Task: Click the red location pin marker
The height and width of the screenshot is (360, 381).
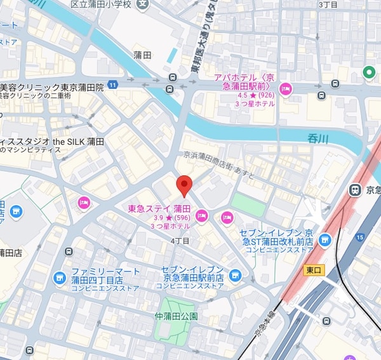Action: coord(184,185)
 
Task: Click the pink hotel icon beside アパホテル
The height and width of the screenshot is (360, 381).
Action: coord(286,89)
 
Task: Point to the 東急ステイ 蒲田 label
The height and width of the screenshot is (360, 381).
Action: coord(159,208)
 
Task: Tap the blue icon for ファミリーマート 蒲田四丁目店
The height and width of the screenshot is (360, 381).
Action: coord(60,277)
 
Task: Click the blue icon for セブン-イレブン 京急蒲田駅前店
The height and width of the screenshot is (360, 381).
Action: coord(235,275)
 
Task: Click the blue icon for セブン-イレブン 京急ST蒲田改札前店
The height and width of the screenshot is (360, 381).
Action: coord(325,239)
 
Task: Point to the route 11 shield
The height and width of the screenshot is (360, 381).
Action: coord(113,84)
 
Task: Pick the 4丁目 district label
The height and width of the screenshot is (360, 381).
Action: coord(180,241)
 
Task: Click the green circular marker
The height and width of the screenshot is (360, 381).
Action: coord(368,73)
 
